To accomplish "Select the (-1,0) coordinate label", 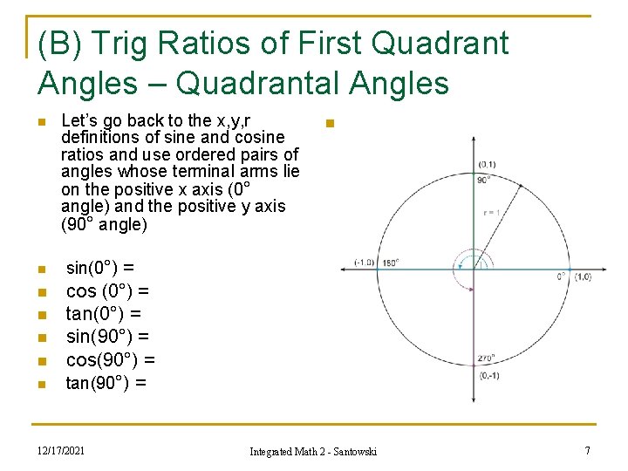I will point(365,262).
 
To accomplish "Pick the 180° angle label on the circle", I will point(390,262).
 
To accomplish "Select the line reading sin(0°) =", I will point(100,268).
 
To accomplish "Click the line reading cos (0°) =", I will point(107,290).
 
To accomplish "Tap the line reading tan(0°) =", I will point(104,313).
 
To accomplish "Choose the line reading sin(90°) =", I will point(108,336).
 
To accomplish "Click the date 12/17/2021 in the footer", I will point(61,450).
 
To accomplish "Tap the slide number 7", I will point(587,450).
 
